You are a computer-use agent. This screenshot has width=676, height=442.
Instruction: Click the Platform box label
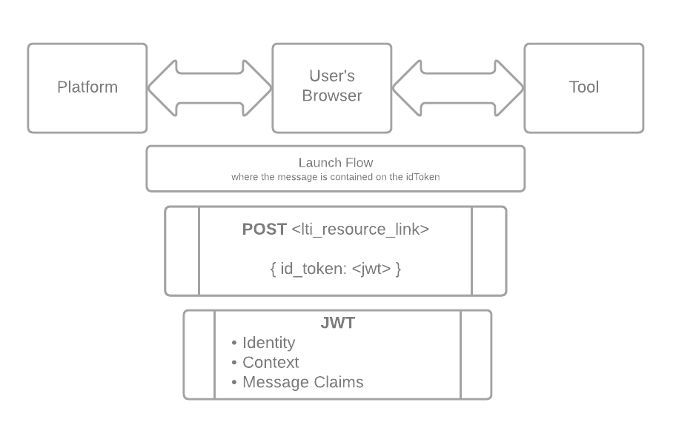pyautogui.click(x=87, y=87)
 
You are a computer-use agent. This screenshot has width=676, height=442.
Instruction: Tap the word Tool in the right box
pyautogui.click(x=583, y=87)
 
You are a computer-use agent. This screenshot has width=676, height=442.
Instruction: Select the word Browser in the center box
pyautogui.click(x=332, y=96)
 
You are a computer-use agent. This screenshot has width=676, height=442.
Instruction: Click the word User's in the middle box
pyautogui.click(x=332, y=76)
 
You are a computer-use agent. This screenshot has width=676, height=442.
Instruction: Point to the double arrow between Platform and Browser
pyautogui.click(x=210, y=88)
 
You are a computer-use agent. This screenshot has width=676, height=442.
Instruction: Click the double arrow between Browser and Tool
pyautogui.click(x=457, y=88)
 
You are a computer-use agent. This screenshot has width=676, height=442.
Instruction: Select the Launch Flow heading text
pyautogui.click(x=336, y=162)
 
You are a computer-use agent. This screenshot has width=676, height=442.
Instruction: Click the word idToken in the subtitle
pyautogui.click(x=424, y=177)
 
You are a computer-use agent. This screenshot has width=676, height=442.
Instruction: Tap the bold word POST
pyautogui.click(x=264, y=230)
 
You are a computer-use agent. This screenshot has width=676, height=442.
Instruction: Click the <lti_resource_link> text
pyautogui.click(x=360, y=230)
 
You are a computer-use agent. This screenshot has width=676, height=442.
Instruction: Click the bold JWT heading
pyautogui.click(x=337, y=323)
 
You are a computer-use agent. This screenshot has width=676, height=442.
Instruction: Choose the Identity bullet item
pyautogui.click(x=268, y=343)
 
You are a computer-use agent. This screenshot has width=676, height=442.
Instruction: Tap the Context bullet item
pyautogui.click(x=271, y=363)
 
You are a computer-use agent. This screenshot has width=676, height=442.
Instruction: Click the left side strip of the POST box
pyautogui.click(x=182, y=251)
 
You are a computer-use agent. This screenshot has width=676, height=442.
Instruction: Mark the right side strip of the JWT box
pyautogui.click(x=476, y=355)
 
